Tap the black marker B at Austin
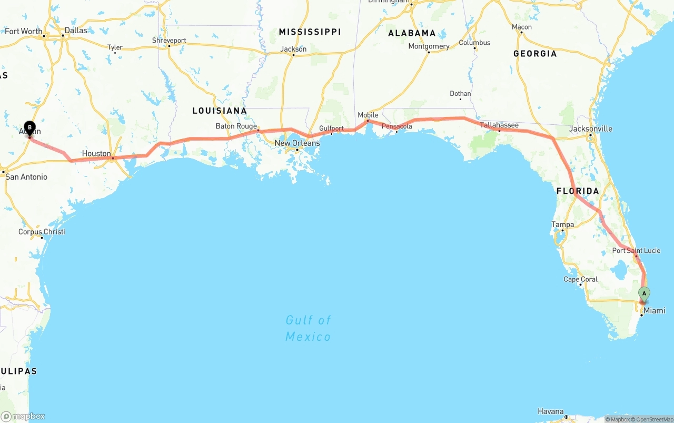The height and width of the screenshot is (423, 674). (30, 127)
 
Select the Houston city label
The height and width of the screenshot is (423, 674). (96, 153)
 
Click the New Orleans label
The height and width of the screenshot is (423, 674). (297, 143)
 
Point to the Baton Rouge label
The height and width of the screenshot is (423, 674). (236, 126)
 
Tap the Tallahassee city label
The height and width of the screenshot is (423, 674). (499, 125)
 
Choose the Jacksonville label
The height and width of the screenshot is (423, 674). (590, 129)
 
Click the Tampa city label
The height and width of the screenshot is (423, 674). (562, 224)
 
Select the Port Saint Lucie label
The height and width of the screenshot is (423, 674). (636, 250)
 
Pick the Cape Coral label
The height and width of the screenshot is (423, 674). (580, 279)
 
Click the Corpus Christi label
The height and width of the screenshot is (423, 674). (42, 232)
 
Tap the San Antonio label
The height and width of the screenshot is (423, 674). (26, 176)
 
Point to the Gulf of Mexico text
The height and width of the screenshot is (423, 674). (308, 328)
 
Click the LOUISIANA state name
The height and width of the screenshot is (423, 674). (219, 111)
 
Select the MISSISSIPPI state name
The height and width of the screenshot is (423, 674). (310, 32)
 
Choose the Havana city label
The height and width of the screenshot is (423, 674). (550, 411)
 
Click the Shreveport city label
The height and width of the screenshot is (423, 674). (169, 41)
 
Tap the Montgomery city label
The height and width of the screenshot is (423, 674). (429, 46)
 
